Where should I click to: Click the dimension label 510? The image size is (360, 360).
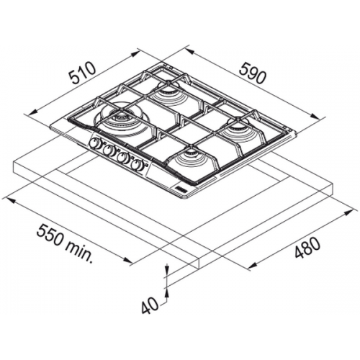pyautogui.click(x=83, y=73)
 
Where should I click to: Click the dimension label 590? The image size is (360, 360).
pyautogui.click(x=253, y=73)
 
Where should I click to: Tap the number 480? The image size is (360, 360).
pyautogui.click(x=307, y=248)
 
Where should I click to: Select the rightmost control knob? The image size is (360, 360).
pyautogui.click(x=136, y=165)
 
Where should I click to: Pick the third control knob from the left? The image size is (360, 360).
pyautogui.click(x=122, y=158)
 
